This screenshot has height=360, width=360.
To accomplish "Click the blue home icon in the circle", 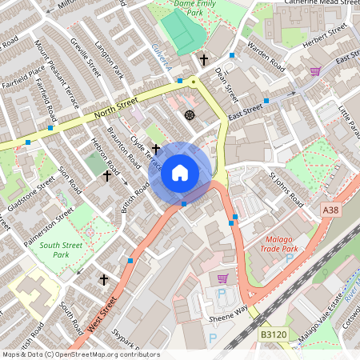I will (x=180, y=173).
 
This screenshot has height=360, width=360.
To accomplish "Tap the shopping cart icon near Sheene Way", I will (x=222, y=278).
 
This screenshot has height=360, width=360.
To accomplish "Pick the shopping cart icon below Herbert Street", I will (x=315, y=72).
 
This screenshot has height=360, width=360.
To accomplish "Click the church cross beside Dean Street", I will (x=204, y=60).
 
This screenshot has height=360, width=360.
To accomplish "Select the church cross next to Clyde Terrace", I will (x=156, y=149).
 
